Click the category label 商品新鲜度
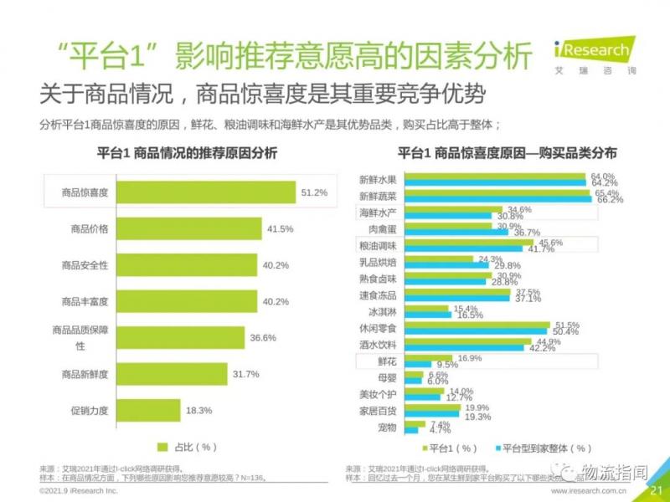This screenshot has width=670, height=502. (x=85, y=374)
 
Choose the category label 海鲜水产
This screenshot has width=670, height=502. (x=377, y=213)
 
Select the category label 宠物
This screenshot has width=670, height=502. (x=385, y=427)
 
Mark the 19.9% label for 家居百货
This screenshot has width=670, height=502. (x=478, y=407)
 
